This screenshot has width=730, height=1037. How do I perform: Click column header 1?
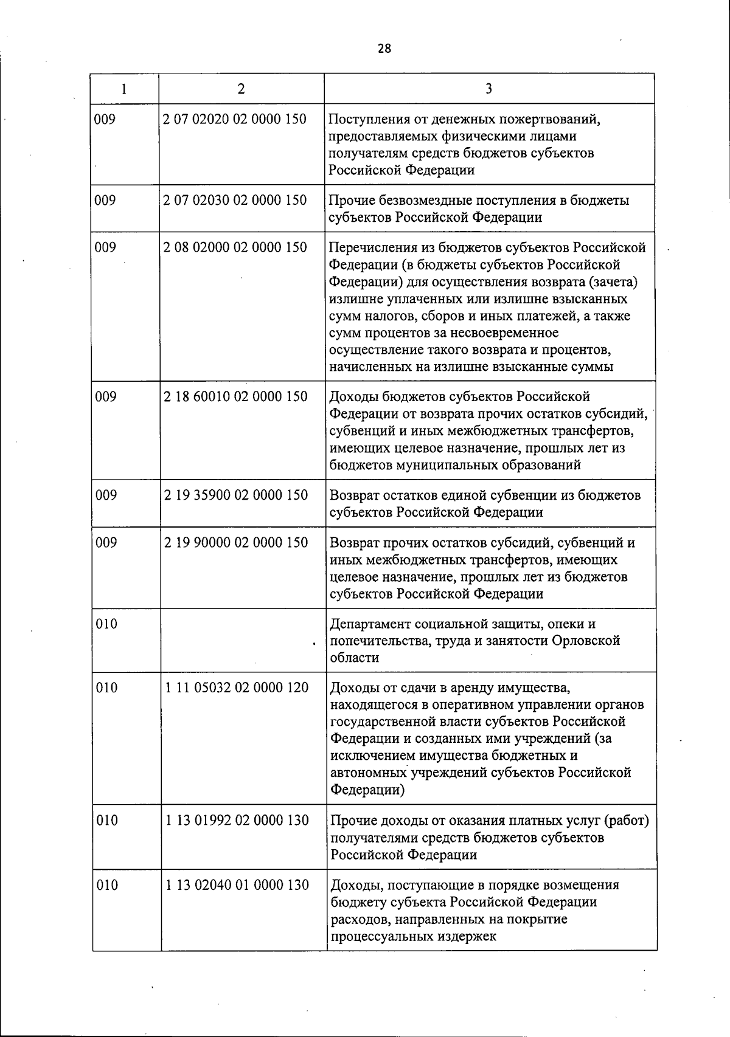[124, 89]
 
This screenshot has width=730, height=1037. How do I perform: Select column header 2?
[242, 89]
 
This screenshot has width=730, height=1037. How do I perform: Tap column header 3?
[489, 89]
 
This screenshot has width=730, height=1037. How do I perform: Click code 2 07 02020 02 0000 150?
[235, 119]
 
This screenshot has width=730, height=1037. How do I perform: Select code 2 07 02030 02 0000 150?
[235, 200]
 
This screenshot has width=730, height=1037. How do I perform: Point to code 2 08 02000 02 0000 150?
[235, 247]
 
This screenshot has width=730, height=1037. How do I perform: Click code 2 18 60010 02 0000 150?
[235, 396]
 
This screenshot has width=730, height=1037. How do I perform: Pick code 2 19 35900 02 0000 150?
[235, 495]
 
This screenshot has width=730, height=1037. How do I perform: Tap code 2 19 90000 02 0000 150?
[235, 542]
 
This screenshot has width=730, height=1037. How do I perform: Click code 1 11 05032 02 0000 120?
[237, 687]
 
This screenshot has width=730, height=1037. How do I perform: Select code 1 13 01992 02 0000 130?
[237, 820]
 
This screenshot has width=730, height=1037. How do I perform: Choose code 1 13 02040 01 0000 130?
[237, 885]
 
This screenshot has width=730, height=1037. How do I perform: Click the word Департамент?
[369, 624]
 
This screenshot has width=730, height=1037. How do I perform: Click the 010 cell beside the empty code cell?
[106, 624]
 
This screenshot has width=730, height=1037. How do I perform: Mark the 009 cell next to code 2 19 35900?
[106, 495]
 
